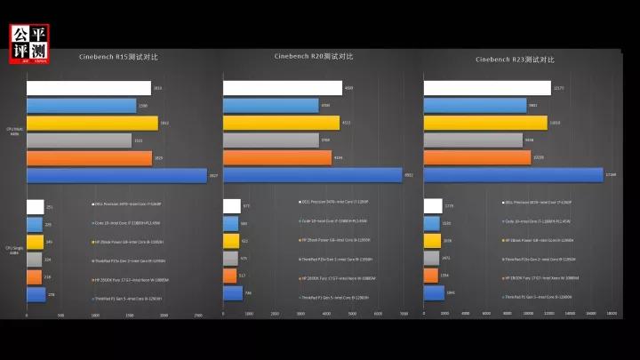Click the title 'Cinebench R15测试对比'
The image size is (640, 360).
point(118,58)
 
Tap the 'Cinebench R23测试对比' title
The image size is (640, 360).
point(515,60)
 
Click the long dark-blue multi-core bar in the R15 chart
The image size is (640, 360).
point(116,176)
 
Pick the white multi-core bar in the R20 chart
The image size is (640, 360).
point(283,88)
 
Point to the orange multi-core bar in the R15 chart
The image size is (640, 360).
point(89,158)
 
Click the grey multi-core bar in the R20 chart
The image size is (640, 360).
point(276,140)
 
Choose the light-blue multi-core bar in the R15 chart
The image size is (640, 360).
point(81,106)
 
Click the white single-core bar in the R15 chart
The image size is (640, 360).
point(36,207)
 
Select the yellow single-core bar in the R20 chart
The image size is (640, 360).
point(231,241)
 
